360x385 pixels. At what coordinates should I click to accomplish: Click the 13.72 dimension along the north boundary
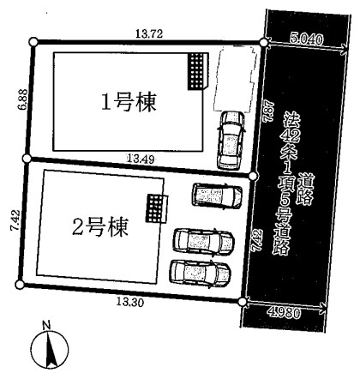coord(149,33)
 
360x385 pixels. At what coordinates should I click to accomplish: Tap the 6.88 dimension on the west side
coord(22,99)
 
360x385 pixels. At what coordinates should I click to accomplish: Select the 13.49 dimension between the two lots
coord(141,159)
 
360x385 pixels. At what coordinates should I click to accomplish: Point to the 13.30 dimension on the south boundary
coord(130,302)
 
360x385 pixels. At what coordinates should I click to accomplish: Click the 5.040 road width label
coord(306,39)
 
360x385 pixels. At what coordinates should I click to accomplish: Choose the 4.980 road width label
coord(285,313)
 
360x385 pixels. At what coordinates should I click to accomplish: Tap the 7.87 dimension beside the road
coord(269,111)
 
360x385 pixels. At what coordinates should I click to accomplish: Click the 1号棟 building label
coord(129,102)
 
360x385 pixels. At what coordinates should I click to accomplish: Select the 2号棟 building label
coord(99,227)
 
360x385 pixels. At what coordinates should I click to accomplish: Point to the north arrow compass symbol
coord(50,351)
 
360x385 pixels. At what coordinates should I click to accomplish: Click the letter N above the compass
coord(46,326)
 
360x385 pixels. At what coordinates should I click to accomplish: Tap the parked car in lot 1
coord(231,140)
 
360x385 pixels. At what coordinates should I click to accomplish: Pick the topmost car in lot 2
coord(217,196)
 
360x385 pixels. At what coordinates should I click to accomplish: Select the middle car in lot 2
coord(204,241)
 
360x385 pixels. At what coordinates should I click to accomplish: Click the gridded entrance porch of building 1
coord(198,71)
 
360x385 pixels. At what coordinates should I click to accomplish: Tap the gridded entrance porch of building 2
coord(157,208)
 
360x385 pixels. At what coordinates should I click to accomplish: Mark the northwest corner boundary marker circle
coord(33,42)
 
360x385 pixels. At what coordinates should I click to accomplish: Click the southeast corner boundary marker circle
coord(243,302)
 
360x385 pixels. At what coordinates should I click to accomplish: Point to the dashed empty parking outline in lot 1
coord(235,78)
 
